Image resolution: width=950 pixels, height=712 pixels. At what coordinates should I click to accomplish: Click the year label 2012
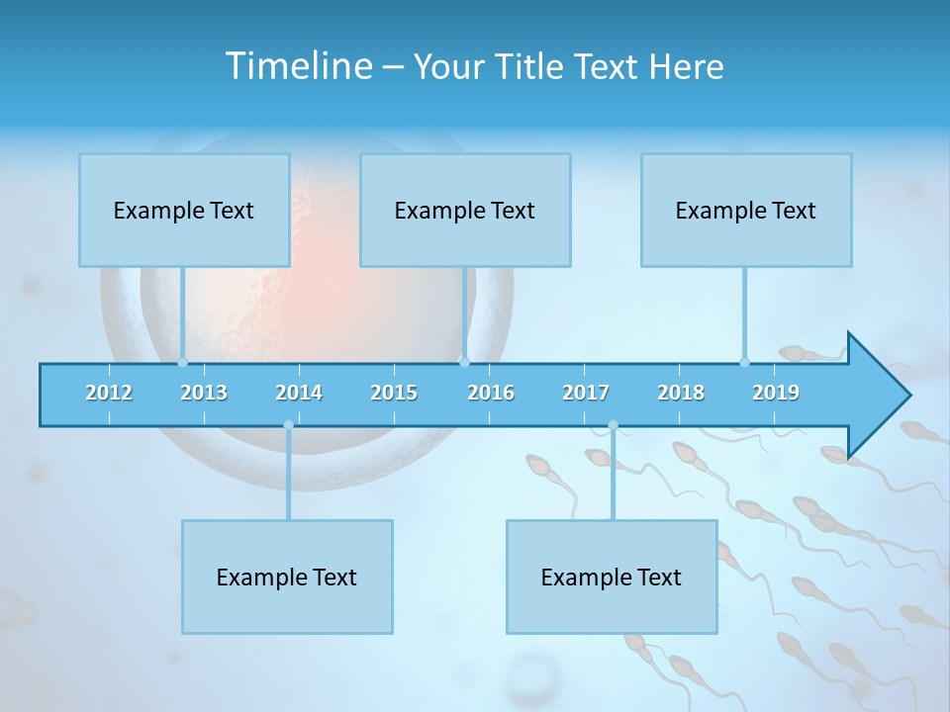point(109,393)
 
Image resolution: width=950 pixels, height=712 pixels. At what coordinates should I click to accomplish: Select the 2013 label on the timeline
point(204,393)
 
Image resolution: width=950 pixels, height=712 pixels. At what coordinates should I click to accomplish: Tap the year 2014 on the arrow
point(299,393)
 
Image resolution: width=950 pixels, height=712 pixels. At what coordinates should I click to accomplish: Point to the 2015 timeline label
point(394,393)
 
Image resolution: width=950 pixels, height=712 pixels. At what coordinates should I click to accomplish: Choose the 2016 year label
point(491,393)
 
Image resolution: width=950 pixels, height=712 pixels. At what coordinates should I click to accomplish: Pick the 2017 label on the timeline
point(586,393)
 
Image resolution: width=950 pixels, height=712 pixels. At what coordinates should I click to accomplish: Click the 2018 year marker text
point(681,393)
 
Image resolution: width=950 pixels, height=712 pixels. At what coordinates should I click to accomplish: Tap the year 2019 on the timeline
point(776,393)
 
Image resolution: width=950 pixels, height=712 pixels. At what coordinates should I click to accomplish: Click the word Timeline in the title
point(298,66)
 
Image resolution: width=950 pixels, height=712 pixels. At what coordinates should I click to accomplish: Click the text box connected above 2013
point(184,210)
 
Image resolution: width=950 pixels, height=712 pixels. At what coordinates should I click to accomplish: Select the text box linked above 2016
point(465,210)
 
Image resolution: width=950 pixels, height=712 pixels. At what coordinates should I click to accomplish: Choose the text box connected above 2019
point(746,210)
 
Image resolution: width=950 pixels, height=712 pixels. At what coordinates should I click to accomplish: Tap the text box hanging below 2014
point(287,577)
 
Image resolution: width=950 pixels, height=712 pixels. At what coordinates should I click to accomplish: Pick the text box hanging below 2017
point(612,577)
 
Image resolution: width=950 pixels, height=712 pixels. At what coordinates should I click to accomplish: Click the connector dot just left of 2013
point(182,362)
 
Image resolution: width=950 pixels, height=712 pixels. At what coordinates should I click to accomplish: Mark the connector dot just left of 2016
point(464,362)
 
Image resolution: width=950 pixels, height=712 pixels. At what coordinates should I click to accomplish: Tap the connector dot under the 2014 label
point(288,425)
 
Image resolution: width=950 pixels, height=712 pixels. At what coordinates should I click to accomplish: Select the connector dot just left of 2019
point(744,362)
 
